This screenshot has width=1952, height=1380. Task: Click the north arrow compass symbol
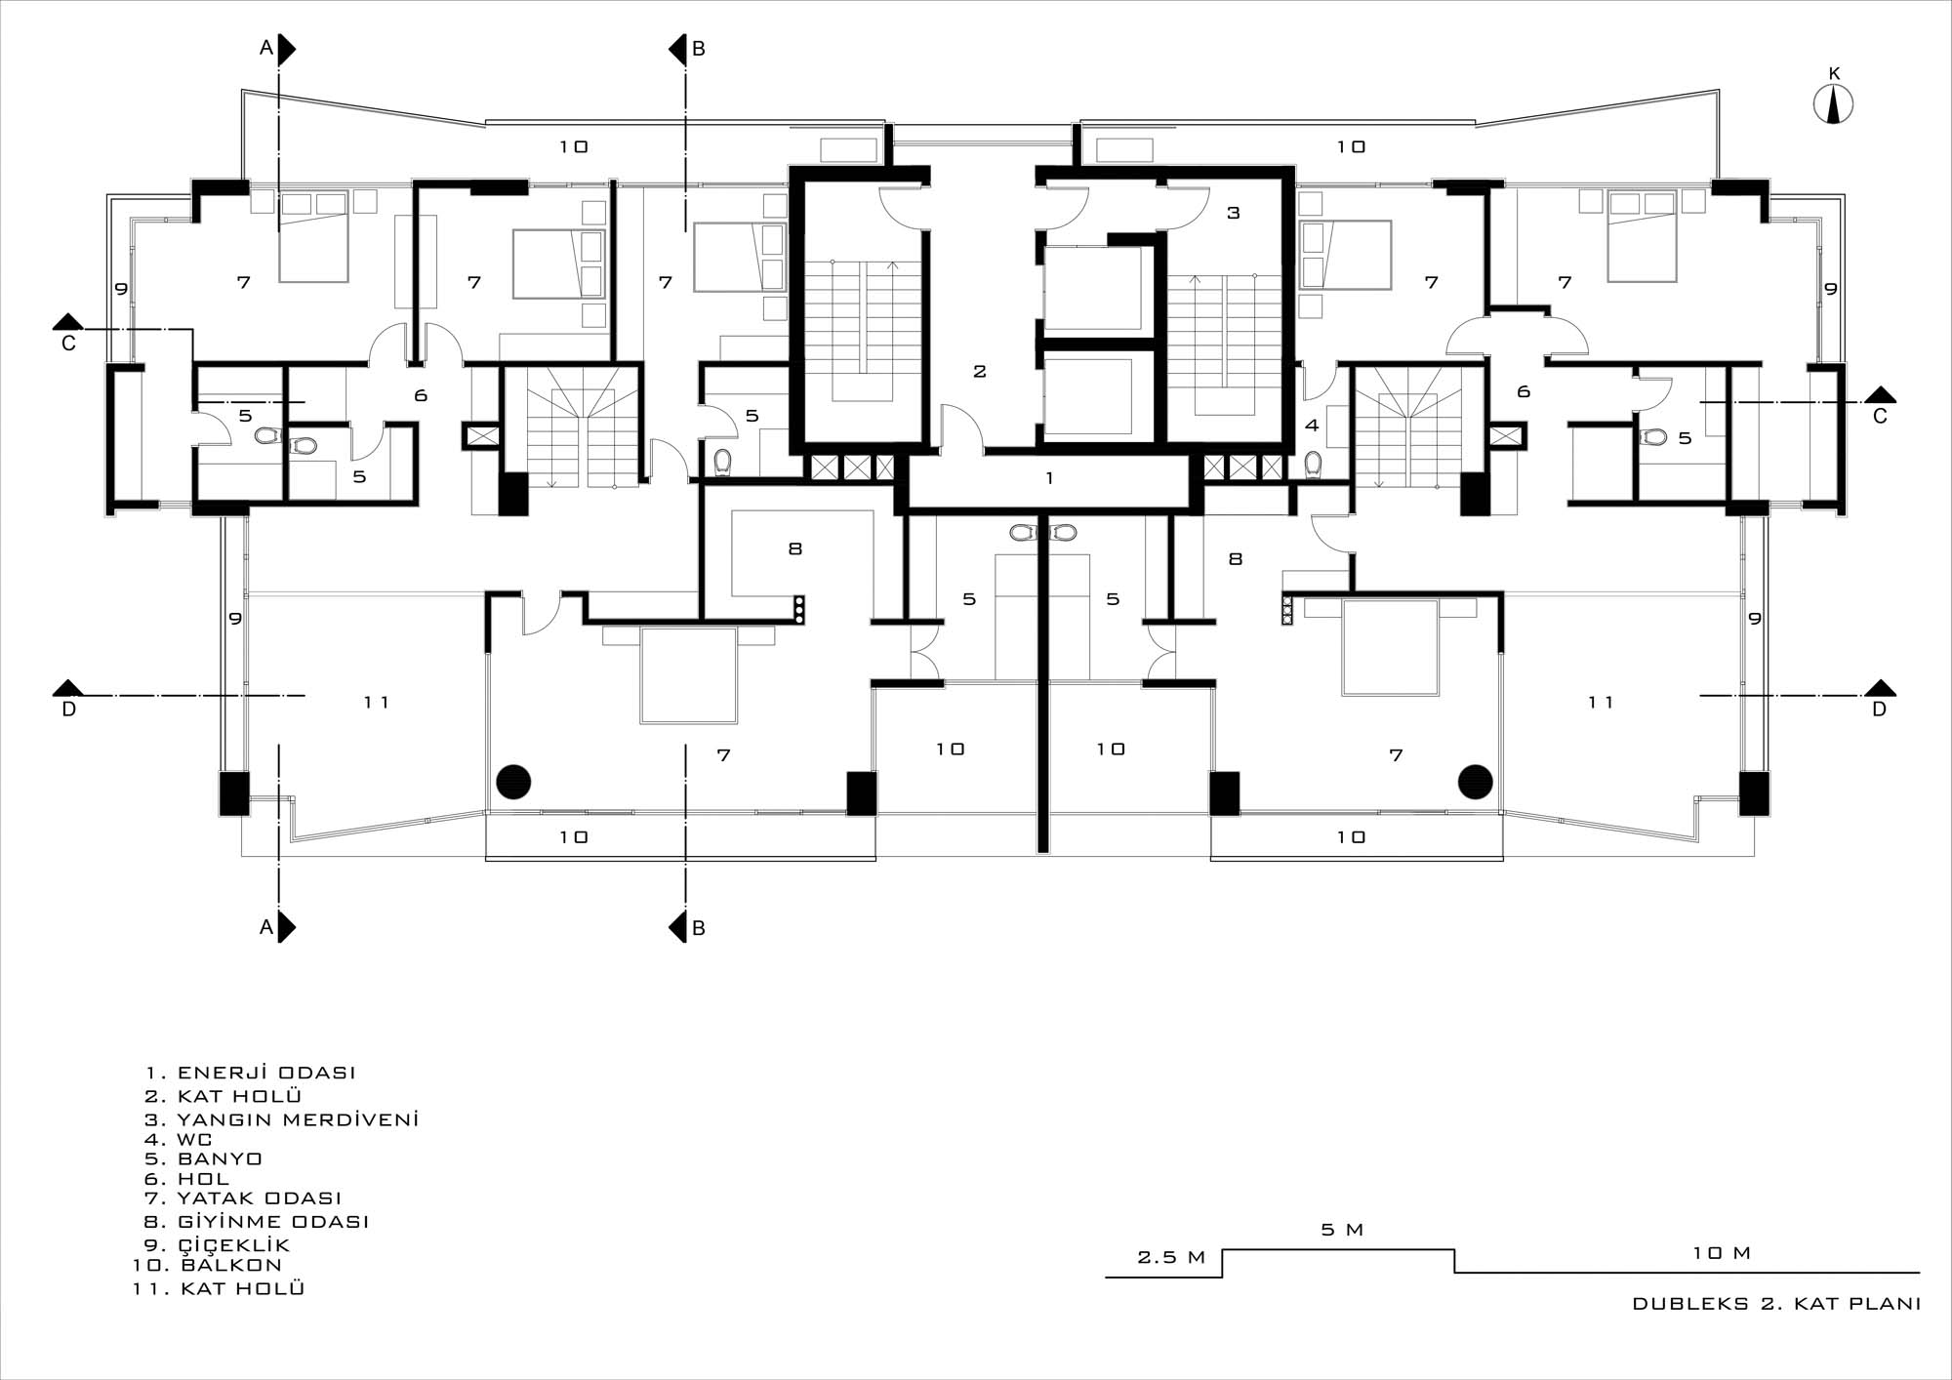tap(1833, 104)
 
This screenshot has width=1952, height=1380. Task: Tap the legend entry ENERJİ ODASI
tap(251, 1073)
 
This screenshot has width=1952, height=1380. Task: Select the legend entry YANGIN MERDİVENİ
tap(282, 1119)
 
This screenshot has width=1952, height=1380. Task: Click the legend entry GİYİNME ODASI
tap(258, 1221)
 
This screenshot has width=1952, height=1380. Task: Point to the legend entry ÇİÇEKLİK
tap(218, 1244)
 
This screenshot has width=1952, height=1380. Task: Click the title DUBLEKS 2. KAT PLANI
tap(1776, 1304)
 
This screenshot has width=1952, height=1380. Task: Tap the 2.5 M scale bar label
tap(1171, 1257)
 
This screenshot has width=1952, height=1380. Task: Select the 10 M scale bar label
tap(1722, 1253)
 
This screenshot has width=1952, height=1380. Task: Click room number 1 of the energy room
tap(1049, 478)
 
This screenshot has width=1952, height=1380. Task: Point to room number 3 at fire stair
tap(1233, 213)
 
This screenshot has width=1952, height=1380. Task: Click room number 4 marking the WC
tap(1312, 426)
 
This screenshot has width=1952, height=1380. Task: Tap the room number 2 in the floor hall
tap(980, 371)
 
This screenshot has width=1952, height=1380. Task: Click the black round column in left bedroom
tap(513, 781)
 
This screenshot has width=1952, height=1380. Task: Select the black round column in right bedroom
tap(1476, 781)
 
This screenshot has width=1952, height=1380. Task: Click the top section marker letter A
tap(265, 49)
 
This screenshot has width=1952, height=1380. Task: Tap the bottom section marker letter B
tap(698, 928)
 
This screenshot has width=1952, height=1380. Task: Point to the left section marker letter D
tap(68, 710)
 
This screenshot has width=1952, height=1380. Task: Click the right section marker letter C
tap(1880, 417)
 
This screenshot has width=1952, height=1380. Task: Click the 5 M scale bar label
tap(1342, 1230)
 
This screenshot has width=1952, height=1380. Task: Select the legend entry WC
tap(179, 1139)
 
